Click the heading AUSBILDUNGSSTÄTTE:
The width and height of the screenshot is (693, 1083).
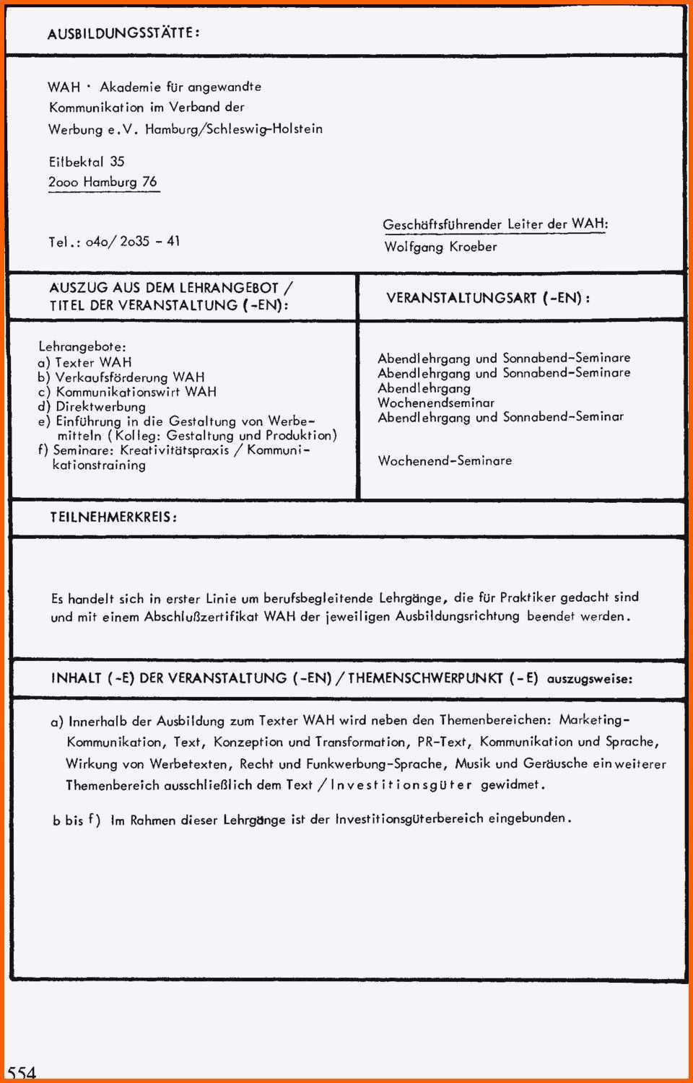[123, 32]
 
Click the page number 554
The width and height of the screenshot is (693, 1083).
[22, 1072]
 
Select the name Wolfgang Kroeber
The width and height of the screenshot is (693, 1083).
[440, 247]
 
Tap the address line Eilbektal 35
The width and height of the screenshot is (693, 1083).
[87, 162]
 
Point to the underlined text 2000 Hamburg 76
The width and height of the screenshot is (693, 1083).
[103, 182]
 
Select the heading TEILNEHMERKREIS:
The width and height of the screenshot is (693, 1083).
[113, 517]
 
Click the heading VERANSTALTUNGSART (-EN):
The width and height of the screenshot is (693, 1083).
[488, 298]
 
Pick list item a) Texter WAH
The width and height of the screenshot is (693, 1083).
[85, 362]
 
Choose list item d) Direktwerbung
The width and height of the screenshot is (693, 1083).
[92, 406]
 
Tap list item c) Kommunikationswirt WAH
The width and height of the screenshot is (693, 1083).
[127, 392]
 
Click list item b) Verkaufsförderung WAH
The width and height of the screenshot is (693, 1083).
[121, 377]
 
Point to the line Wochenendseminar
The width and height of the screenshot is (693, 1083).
[436, 403]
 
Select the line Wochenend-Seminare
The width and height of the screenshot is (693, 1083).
[445, 460]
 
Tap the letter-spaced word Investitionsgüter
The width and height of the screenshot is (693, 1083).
[401, 785]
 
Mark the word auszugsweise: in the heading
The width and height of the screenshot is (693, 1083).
[590, 679]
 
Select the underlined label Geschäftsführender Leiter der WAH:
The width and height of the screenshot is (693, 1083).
[495, 224]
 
